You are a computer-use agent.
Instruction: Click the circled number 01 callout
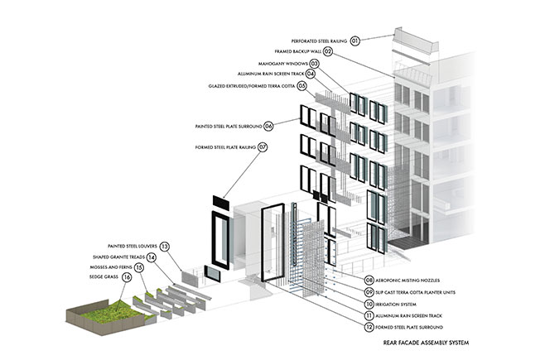(355, 41)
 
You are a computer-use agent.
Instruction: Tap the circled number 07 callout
(263, 147)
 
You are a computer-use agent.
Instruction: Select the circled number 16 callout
(127, 277)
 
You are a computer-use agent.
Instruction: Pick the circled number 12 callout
(369, 327)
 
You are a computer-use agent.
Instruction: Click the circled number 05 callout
(302, 86)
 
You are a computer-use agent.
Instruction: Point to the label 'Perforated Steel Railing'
(319, 41)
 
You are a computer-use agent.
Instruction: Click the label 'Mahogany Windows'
(283, 64)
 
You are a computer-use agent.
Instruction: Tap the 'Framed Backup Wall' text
(298, 51)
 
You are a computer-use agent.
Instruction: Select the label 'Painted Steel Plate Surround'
(229, 127)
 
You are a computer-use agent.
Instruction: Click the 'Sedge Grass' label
(104, 276)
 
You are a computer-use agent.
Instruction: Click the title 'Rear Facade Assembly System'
(426, 343)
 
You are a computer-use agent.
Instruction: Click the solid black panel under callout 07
(221, 203)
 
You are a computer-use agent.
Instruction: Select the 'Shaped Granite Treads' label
(118, 257)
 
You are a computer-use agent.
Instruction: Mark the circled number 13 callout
(165, 247)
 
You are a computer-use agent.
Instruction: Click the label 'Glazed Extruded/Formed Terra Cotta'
(252, 86)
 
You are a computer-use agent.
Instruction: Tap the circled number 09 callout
(369, 292)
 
